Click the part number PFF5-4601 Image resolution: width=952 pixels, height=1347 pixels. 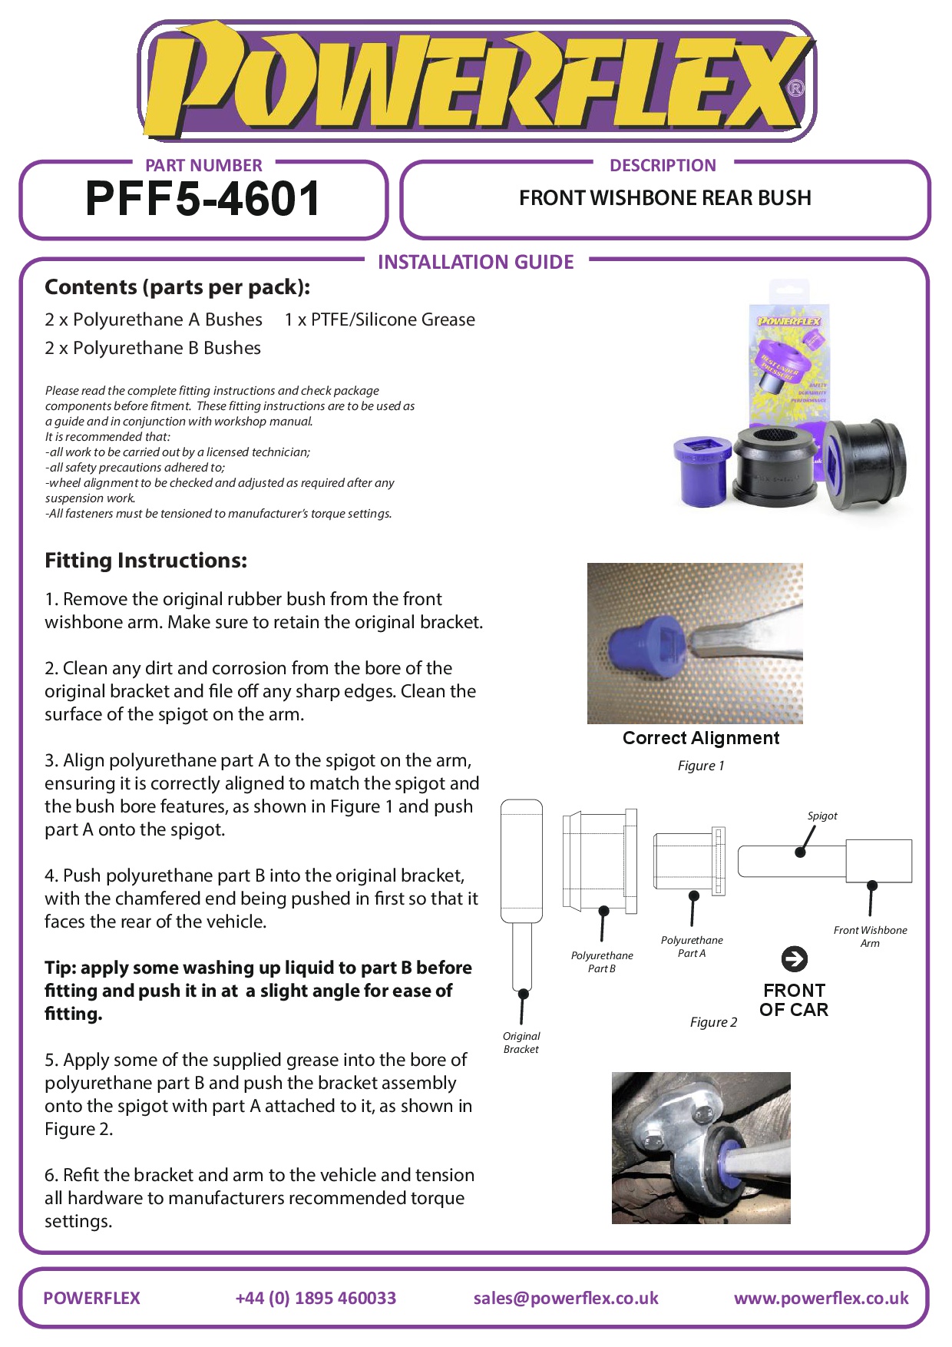coord(203,199)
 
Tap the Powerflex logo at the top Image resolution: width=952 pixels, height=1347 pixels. coord(476,81)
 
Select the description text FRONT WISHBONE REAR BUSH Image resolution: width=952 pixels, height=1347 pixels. coord(665,198)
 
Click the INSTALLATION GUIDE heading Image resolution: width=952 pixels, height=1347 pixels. coord(476,263)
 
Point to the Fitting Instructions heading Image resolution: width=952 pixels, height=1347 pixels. coord(146,561)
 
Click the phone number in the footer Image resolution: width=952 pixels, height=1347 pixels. coord(316,1298)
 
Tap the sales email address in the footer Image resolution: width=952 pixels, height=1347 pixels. coord(566,1298)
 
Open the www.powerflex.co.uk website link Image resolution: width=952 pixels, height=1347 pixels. coord(821,1298)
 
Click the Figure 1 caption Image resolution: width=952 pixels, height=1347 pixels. coord(700,766)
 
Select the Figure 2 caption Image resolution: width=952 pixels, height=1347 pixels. coord(713,1022)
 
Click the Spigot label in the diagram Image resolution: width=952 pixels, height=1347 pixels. coord(822,816)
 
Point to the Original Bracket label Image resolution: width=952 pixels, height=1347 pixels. coord(521,1043)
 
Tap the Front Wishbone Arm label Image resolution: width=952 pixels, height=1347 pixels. coord(870,936)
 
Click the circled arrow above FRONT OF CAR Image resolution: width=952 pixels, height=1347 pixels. coord(794,958)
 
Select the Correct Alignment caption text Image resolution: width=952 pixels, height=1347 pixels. coord(701,738)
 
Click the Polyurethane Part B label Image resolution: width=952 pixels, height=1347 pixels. coord(602,961)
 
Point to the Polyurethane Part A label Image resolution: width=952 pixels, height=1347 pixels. coord(692,946)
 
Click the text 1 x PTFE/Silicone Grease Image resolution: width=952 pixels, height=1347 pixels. coord(379,319)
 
